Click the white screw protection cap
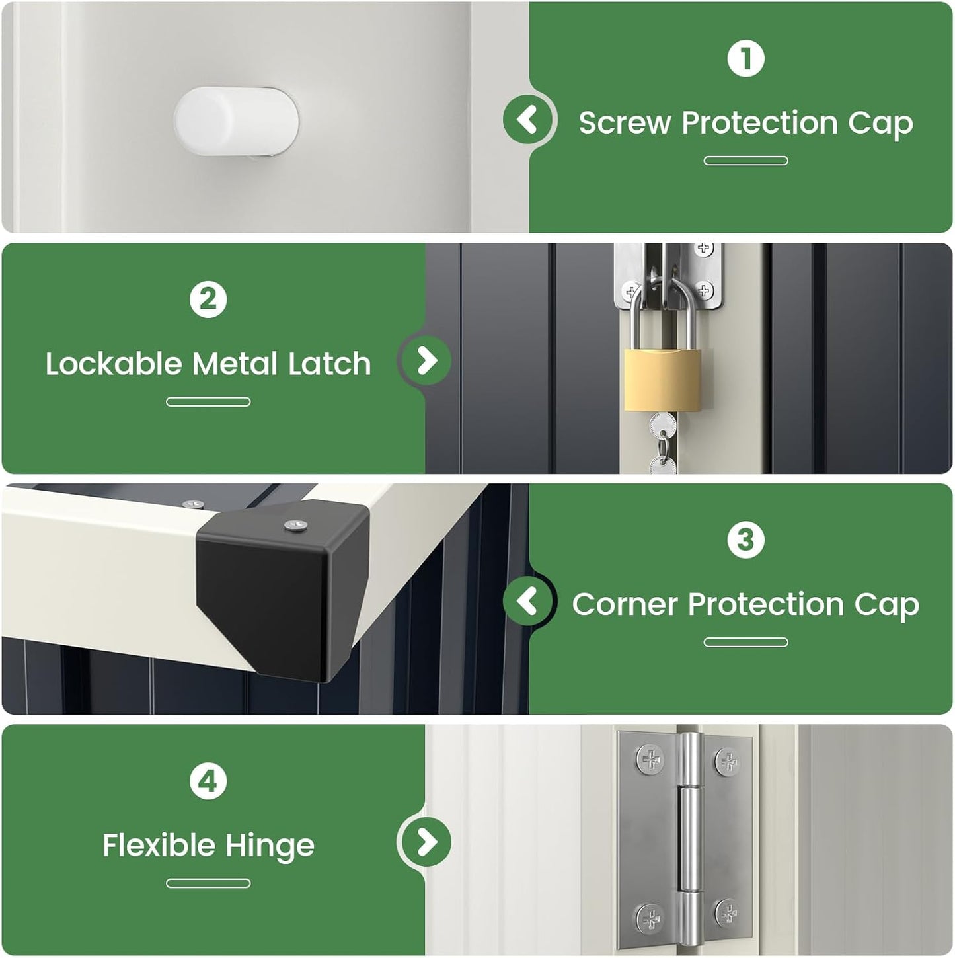[237, 121]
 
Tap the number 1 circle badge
[745, 59]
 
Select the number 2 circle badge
[208, 299]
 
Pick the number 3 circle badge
[745, 540]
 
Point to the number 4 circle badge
[208, 781]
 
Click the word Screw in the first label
[625, 123]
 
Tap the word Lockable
[114, 364]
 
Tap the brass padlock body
[663, 379]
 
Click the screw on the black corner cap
[295, 525]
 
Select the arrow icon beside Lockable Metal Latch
[426, 360]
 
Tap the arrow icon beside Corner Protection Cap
[527, 601]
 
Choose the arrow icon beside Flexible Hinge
[426, 842]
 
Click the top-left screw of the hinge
[650, 759]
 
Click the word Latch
[330, 364]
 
